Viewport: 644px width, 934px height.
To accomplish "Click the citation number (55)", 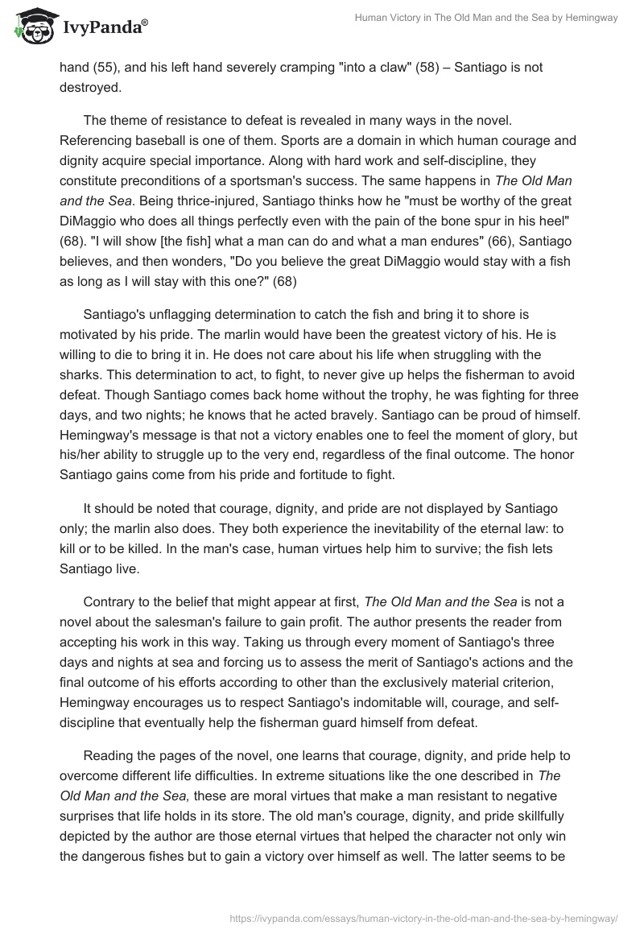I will (105, 68).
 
